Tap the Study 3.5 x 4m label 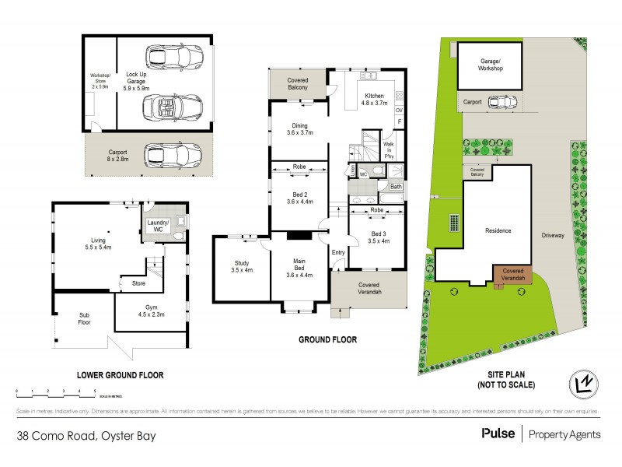[x=241, y=266]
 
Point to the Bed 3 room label [x=379, y=237]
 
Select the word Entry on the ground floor [x=338, y=252]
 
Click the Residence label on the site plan [x=498, y=231]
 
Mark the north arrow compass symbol [x=585, y=384]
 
